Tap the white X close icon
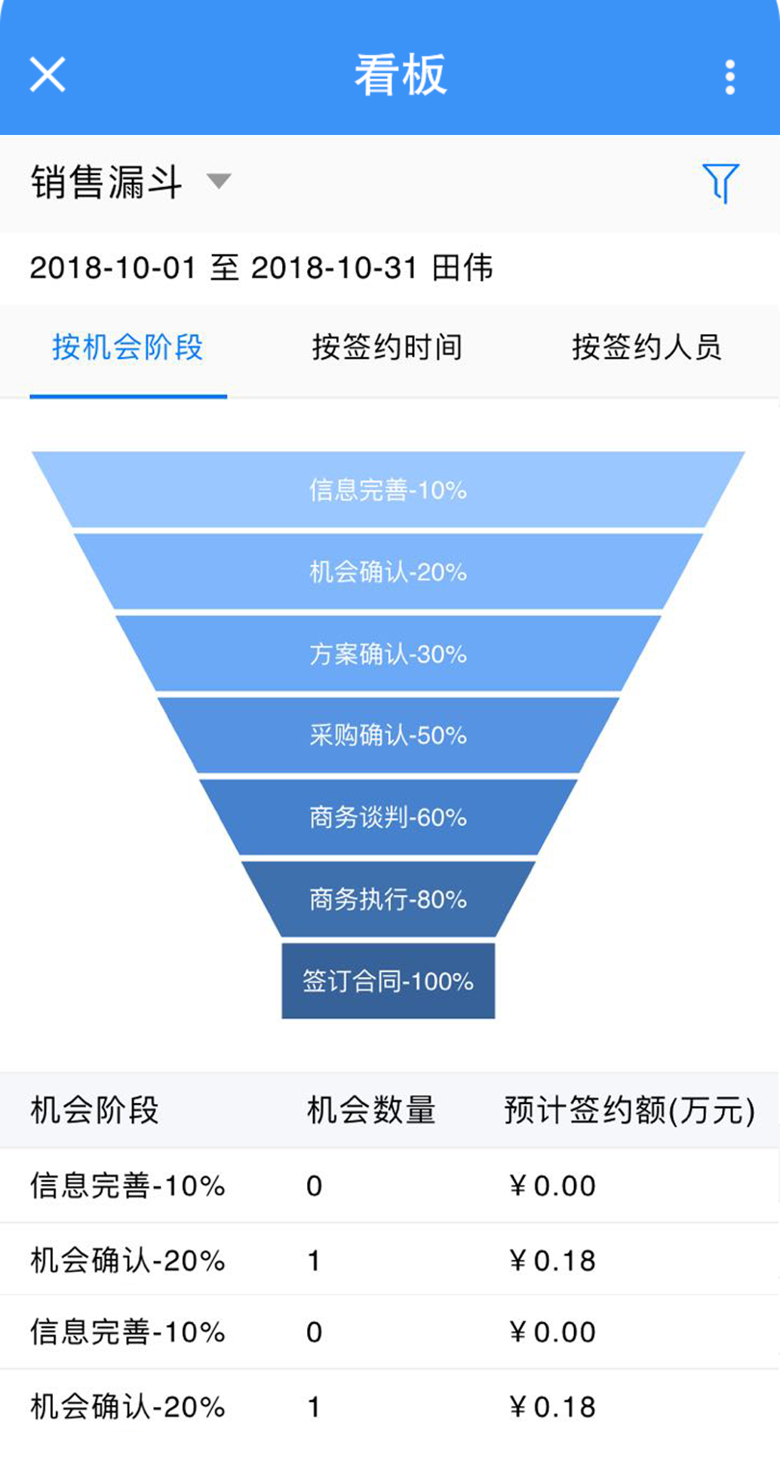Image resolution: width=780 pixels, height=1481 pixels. pos(48,75)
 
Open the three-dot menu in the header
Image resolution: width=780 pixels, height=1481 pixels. pos(729,77)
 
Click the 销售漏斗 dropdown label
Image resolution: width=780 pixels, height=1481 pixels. pos(106,182)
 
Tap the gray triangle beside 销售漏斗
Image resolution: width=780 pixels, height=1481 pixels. pos(219,181)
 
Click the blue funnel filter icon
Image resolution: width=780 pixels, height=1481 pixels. pos(720,182)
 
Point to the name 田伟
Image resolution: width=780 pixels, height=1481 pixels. pos(462,268)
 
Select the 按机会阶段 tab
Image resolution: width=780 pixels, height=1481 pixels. pos(127,348)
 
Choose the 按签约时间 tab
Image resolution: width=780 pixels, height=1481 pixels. pos(387,348)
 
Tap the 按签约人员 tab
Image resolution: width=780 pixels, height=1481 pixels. pos(646,348)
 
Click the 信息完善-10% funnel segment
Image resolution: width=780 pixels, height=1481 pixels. pos(388,490)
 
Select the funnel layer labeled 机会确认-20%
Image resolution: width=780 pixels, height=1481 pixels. pos(388,572)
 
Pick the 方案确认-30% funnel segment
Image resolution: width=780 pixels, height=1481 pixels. pos(388,654)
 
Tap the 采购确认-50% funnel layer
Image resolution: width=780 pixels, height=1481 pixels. pos(388,735)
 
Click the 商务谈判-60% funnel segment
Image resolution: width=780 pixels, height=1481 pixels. pos(388,817)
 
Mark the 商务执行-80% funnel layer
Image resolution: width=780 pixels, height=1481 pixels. pos(388,899)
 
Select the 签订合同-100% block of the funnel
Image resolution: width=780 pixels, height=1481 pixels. pos(388,981)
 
